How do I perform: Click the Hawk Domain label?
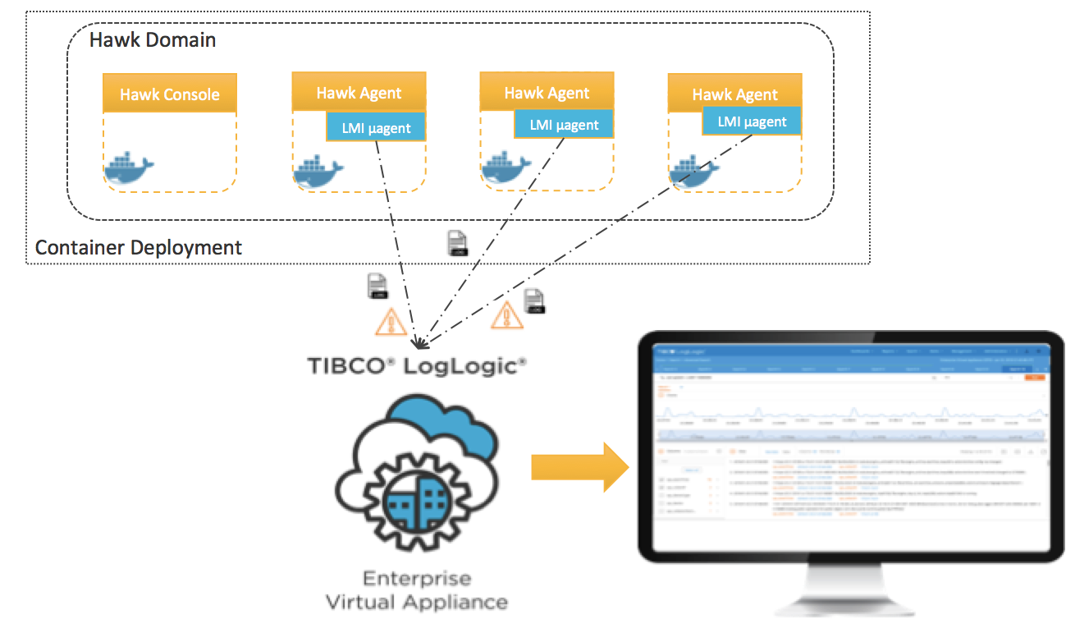[x=152, y=39]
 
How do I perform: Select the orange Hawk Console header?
[x=170, y=94]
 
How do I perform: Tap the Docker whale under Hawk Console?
[x=128, y=168]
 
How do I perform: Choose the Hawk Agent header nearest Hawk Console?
[x=359, y=92]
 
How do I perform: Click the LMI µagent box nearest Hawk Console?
[x=376, y=126]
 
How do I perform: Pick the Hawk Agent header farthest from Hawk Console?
[x=734, y=94]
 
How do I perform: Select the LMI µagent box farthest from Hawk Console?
[x=752, y=122]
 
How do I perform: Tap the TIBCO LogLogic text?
[x=417, y=366]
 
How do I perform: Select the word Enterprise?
[x=416, y=577]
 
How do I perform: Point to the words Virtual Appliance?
[x=416, y=602]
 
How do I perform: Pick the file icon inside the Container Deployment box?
[x=457, y=243]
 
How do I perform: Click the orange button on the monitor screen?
[x=1036, y=376]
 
